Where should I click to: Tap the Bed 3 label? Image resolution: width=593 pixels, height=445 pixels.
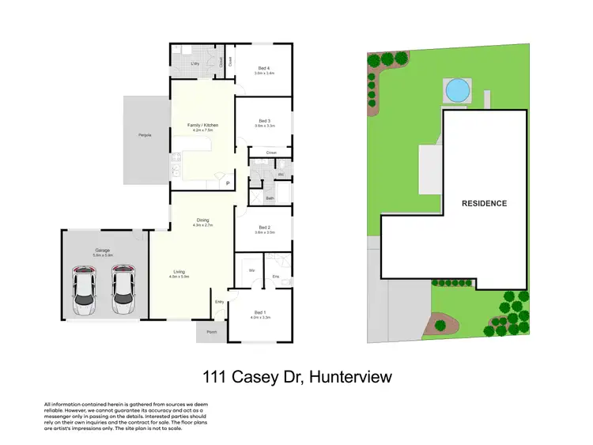[263, 121]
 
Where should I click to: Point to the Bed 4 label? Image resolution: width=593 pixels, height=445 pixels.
[263, 68]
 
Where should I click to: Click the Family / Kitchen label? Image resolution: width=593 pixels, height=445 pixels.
[202, 125]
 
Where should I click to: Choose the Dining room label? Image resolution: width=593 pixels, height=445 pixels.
[202, 221]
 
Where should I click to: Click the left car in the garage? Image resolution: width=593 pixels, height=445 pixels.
[84, 290]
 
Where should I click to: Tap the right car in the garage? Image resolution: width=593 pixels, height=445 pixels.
[123, 290]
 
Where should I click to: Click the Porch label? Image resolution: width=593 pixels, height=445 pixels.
[212, 333]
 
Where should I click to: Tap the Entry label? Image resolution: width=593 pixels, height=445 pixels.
[219, 302]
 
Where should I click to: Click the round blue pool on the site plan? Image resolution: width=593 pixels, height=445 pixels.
[459, 92]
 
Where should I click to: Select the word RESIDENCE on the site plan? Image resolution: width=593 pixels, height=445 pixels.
[484, 203]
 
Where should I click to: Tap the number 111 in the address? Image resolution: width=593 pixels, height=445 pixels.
[216, 378]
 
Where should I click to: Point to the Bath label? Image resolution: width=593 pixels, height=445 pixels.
[270, 198]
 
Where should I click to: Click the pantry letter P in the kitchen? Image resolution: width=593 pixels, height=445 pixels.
[229, 183]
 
